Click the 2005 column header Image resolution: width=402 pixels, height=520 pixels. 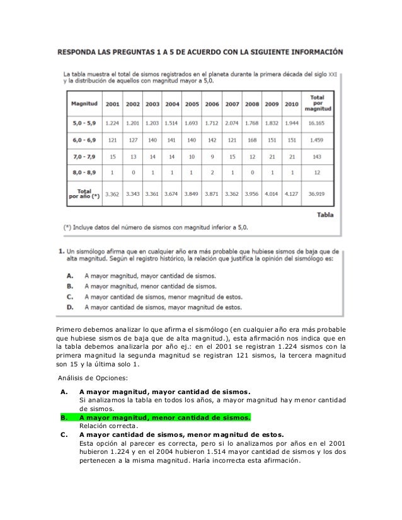(192, 104)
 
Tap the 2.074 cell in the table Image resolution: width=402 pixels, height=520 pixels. (232, 123)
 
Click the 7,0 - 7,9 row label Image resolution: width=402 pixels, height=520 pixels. (84, 155)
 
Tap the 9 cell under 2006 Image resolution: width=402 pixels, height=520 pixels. (212, 155)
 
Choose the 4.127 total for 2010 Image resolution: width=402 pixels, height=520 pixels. (292, 195)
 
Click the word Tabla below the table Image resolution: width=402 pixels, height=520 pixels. (325, 214)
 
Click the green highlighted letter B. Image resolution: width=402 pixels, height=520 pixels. (63, 416)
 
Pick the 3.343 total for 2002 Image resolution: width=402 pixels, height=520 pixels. (133, 195)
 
